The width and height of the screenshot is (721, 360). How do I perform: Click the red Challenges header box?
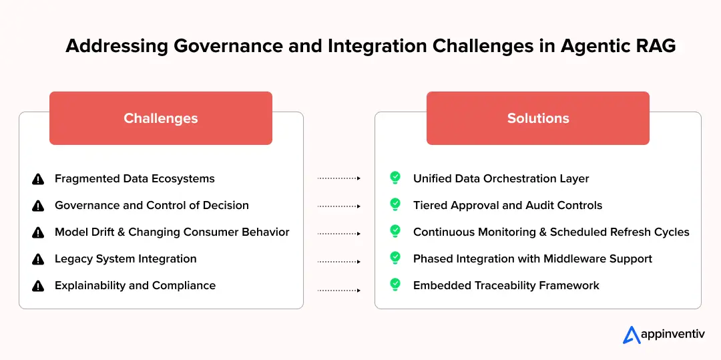pos(160,118)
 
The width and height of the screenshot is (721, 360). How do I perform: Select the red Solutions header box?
pos(537,118)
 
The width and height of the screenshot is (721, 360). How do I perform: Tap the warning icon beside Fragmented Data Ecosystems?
pos(38,179)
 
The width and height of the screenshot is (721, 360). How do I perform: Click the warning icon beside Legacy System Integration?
pos(38,259)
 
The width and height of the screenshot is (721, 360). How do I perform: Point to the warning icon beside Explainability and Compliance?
pos(38,286)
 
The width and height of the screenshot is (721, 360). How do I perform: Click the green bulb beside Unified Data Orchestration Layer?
pos(395,178)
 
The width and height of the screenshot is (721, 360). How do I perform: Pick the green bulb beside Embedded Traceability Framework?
pos(395,285)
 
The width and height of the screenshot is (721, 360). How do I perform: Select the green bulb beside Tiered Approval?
pos(395,204)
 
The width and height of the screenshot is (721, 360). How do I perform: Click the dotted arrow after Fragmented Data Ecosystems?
pos(338,178)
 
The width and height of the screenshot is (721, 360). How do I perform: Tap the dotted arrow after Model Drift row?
pos(338,234)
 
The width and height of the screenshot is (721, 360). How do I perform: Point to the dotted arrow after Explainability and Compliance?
pos(338,291)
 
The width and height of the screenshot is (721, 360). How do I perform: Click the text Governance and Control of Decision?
pos(152,205)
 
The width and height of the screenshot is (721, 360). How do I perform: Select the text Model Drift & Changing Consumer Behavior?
pos(172,232)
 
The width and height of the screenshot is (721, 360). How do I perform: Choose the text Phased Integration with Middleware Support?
pos(532,258)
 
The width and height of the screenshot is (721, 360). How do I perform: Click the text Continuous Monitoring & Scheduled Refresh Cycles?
pos(551,232)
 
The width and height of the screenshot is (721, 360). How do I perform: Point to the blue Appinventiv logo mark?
pos(632,335)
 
